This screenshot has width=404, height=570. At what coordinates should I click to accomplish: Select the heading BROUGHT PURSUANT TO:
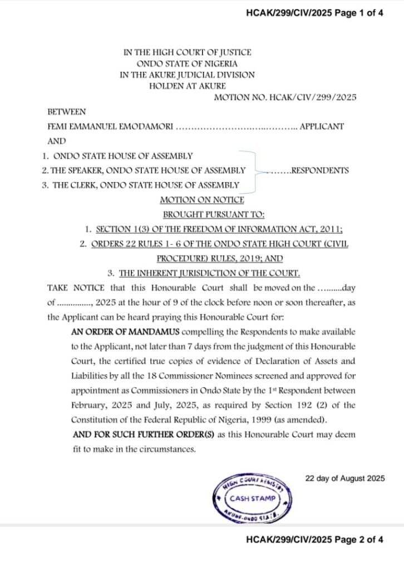pos(213,214)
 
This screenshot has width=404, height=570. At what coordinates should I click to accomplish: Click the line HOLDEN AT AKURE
pos(187,86)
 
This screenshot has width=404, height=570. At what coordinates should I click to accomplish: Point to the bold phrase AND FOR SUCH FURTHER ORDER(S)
pos(138,434)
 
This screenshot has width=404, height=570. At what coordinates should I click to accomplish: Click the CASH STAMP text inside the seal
pos(253,498)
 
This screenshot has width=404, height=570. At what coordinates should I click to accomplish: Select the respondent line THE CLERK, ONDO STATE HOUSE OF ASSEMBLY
pos(146,185)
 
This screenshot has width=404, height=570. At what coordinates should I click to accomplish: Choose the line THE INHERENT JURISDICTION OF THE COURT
pos(209,273)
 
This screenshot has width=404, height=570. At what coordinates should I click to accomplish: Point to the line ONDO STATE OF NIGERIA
pos(187,63)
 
